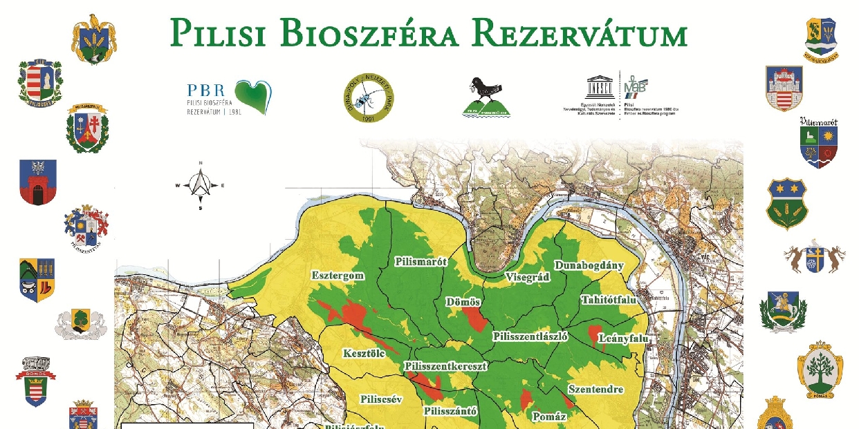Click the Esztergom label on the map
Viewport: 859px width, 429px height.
click(338, 275)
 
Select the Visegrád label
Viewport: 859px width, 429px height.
click(527, 276)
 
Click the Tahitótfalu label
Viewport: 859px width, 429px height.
click(609, 301)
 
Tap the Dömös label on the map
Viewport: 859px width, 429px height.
click(463, 303)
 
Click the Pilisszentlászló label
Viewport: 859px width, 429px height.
click(530, 336)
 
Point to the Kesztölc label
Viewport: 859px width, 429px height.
click(364, 354)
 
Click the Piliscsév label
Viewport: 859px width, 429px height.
click(381, 399)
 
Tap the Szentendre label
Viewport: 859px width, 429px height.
click(595, 390)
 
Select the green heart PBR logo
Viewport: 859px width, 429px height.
click(252, 97)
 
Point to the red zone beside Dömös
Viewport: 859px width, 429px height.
click(474, 319)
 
